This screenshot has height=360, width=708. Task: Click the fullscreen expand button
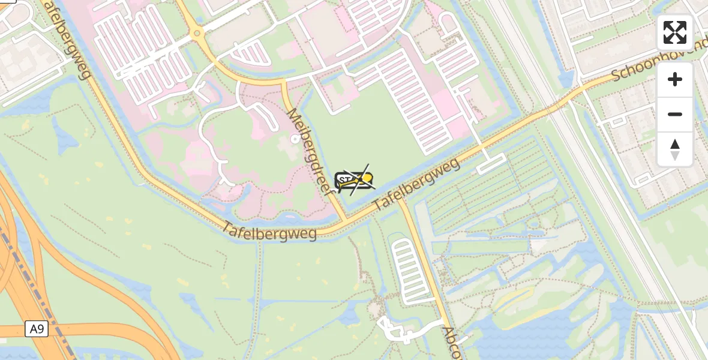click(x=675, y=32)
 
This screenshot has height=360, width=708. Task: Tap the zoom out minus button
click(x=675, y=114)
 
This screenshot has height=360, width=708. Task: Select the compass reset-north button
click(x=675, y=149)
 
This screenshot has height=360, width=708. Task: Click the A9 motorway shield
click(x=37, y=329)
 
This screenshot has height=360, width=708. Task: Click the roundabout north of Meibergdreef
click(x=197, y=34)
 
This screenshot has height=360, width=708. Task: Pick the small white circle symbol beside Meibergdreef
click(x=295, y=139)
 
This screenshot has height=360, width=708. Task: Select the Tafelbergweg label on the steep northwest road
click(x=67, y=39)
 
